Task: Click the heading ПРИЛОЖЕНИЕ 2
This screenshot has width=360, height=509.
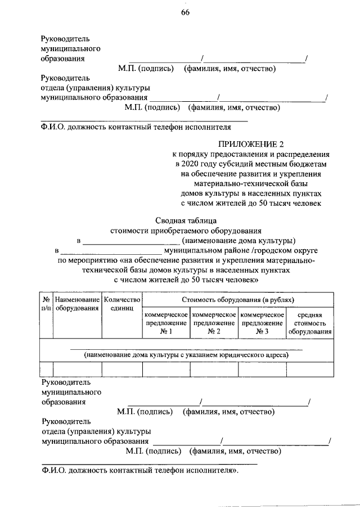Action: click(251, 143)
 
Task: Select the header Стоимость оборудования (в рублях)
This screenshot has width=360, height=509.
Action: click(237, 301)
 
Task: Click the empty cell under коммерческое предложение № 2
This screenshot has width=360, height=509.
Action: click(214, 369)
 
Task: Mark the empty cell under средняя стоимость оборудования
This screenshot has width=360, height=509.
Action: click(309, 369)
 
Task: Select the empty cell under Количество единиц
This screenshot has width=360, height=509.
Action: click(121, 369)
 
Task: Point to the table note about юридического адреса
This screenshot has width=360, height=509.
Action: click(186, 355)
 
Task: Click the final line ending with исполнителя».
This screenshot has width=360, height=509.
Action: click(140, 471)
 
